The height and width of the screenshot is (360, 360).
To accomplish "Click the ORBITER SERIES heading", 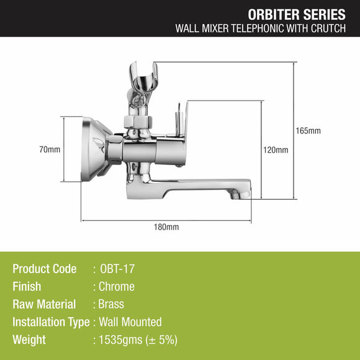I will point(297,14).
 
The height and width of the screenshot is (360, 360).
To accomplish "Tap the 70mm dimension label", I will point(50,150).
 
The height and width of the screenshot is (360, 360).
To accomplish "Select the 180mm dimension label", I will point(166,227).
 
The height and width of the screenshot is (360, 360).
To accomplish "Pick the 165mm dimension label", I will point(308,131).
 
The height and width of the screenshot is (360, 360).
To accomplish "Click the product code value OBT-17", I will point(117,269).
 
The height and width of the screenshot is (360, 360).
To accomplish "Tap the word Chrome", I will point(117,287).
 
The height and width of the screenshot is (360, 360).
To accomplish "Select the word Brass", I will point(112,304).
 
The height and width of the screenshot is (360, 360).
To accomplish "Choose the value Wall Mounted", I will point(130,322).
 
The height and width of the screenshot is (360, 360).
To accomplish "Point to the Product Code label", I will point(45,269).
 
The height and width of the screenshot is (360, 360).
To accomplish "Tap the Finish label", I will point(27,287).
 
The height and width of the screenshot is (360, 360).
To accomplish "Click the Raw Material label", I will point(44,304).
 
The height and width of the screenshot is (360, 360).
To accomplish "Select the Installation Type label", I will point(51,322).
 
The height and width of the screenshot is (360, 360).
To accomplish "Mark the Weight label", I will point(29,340).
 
